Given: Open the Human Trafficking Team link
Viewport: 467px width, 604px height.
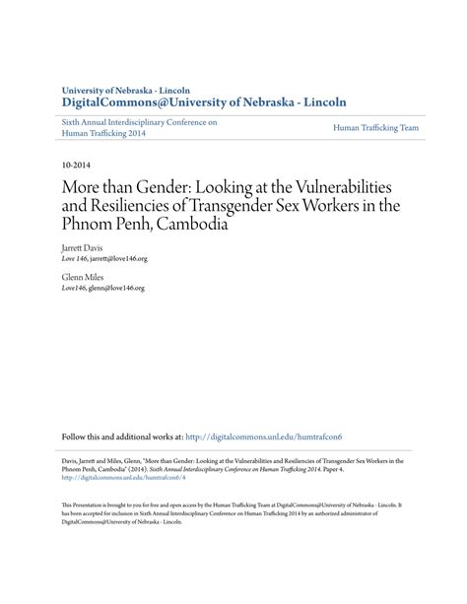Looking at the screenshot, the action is coord(375,128).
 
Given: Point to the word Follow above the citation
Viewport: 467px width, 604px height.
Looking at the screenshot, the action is coord(75,436).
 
